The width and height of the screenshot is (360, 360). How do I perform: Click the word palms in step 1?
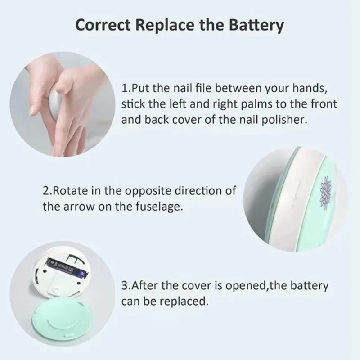(237, 104)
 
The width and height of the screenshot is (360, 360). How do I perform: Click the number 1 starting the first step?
(125, 87)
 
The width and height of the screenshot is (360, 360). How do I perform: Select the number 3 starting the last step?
(125, 285)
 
